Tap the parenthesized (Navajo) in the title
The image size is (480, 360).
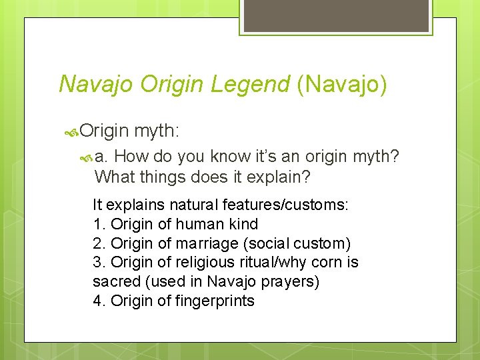pos(341,84)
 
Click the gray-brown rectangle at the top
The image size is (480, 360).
pos(336,15)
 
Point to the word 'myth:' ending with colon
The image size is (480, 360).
pos(159,131)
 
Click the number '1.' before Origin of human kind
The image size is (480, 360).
pos(100,225)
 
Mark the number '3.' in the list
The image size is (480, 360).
pos(100,263)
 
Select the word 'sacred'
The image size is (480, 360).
pos(117,282)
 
